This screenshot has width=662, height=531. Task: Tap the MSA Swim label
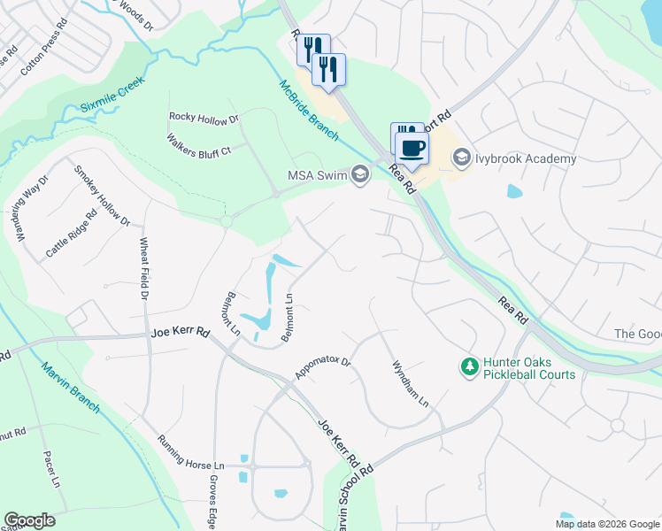click(x=319, y=173)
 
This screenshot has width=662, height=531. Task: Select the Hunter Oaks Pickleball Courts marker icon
click(x=467, y=366)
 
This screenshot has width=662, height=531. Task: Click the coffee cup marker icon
click(x=412, y=148)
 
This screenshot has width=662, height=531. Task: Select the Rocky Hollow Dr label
click(x=204, y=118)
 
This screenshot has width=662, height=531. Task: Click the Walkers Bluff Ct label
click(x=198, y=144)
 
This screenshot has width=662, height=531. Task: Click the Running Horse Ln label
click(x=191, y=452)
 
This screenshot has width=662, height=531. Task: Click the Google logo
click(x=29, y=520)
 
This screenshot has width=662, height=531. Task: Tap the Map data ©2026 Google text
click(x=606, y=523)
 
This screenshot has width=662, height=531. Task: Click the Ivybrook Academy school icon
click(x=461, y=158)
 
